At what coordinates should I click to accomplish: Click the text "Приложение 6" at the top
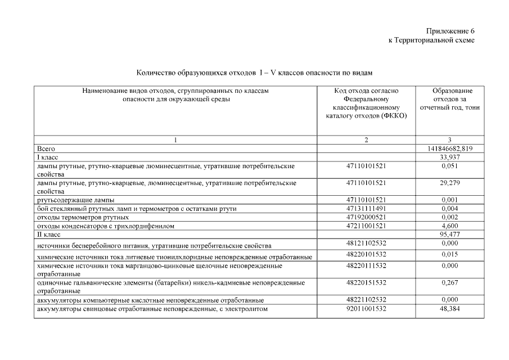(x=451, y=31)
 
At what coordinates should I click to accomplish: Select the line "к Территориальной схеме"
(x=431, y=40)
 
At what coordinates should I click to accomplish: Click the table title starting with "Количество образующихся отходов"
(x=254, y=73)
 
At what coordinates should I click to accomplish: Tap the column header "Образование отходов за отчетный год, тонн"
(x=448, y=99)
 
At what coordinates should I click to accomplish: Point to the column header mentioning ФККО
(x=366, y=103)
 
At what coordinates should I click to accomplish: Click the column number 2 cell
(x=366, y=140)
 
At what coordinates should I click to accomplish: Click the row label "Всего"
(x=46, y=148)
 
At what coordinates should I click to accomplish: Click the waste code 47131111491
(x=366, y=208)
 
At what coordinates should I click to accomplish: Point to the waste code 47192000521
(x=366, y=217)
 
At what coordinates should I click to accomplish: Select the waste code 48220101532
(x=366, y=254)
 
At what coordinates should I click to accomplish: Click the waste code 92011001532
(x=366, y=309)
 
